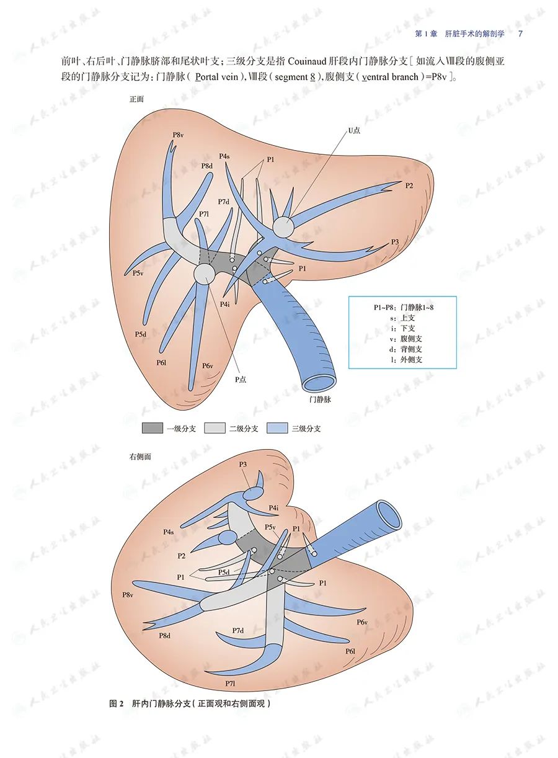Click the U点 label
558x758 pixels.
(x=353, y=130)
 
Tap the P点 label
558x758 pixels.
(x=240, y=379)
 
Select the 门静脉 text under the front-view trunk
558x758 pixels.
(x=320, y=400)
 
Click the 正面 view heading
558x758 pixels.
(x=136, y=99)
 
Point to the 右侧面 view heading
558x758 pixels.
(x=140, y=457)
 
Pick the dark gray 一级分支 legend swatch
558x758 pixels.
(x=152, y=428)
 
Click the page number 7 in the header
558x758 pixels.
(x=520, y=33)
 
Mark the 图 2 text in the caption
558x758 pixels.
(x=117, y=703)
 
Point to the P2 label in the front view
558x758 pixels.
(x=409, y=185)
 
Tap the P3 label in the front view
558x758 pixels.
(x=395, y=241)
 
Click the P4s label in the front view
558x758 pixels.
(x=224, y=156)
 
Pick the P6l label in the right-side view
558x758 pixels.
(x=350, y=651)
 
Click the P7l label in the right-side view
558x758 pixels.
(x=230, y=683)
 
